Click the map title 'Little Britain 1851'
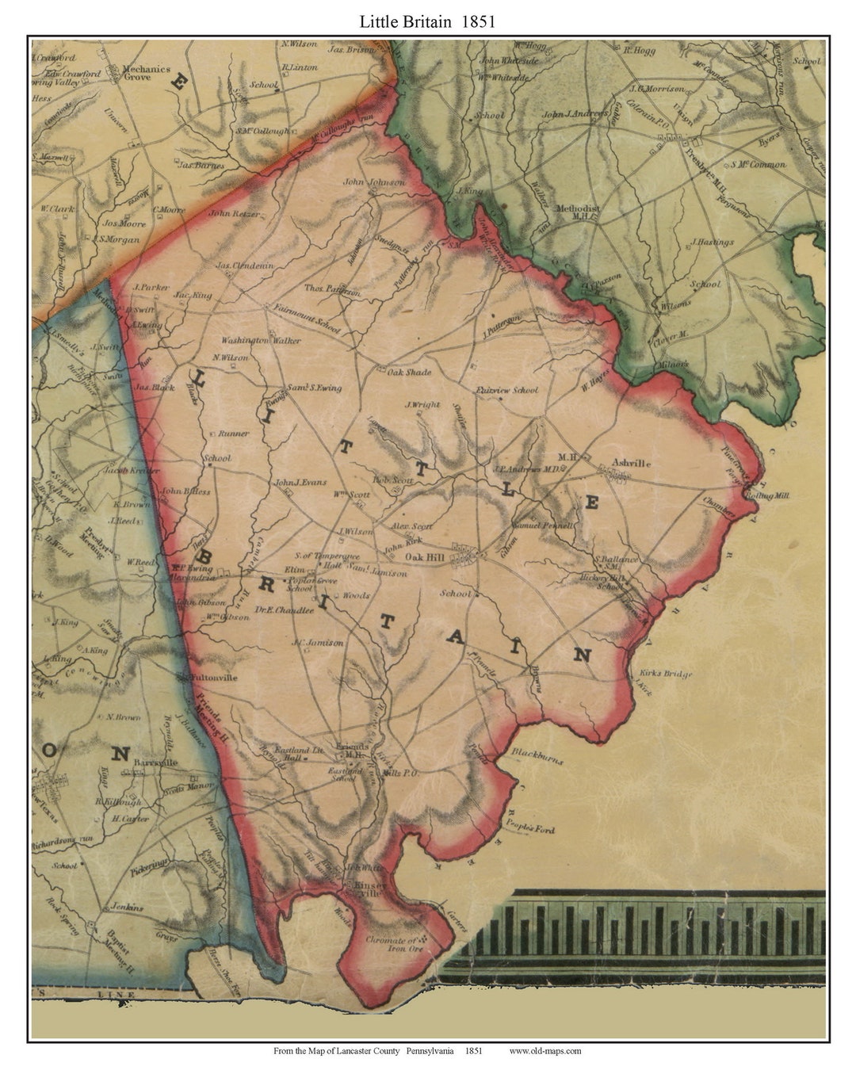pos(427,21)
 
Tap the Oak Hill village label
pos(424,558)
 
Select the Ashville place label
pos(631,463)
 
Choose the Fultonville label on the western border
pos(212,678)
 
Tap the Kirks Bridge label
pos(665,674)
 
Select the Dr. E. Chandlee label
pos(285,610)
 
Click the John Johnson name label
pos(373,182)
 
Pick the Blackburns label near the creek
pos(537,755)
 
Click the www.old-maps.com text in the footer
pos(545,1051)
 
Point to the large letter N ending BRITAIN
pos(583,655)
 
